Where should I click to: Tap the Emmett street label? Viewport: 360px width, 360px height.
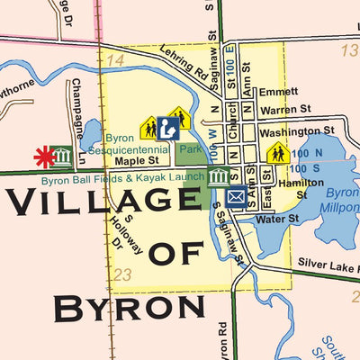point(278,93)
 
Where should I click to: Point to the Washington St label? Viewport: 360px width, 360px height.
point(296,130)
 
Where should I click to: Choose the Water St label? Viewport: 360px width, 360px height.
point(277,219)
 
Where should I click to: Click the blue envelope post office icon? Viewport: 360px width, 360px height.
point(236,197)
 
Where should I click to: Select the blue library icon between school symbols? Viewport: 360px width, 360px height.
point(167,128)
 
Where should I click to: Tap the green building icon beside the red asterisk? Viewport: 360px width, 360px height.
point(63,156)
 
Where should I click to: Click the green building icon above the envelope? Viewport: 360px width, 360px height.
point(219,175)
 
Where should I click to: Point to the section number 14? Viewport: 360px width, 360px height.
point(114,60)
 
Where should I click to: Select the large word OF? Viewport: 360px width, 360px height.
point(176,254)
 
